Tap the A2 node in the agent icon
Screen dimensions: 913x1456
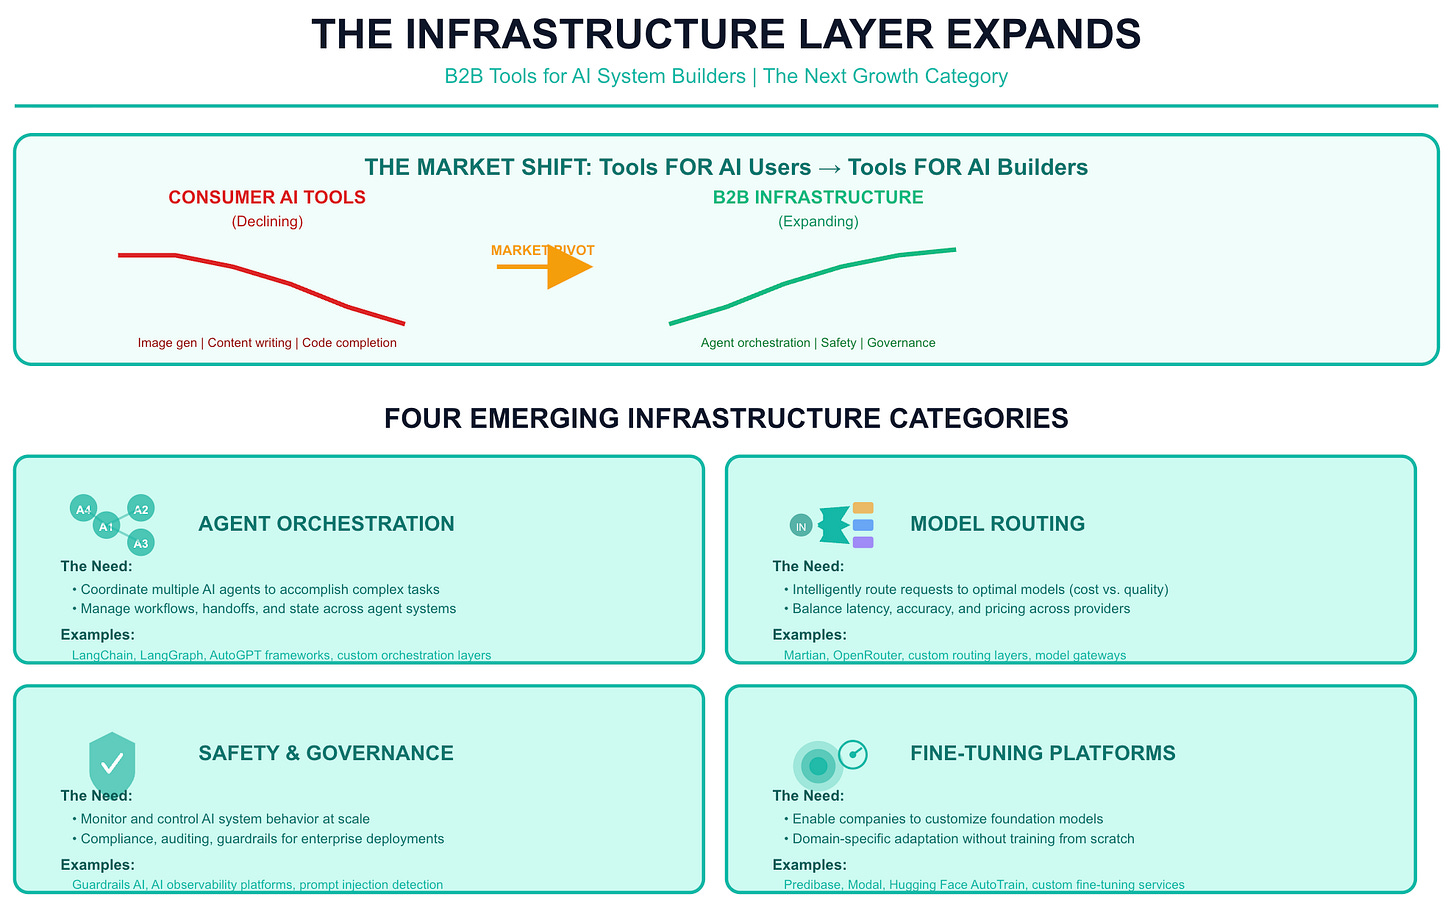tap(141, 510)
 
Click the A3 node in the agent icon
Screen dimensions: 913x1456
tap(141, 544)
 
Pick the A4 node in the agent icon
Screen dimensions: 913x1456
tap(84, 509)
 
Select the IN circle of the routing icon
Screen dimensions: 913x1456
tap(801, 526)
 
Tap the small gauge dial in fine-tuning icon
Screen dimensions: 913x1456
tap(853, 754)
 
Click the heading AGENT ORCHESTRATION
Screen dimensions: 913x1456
tap(326, 524)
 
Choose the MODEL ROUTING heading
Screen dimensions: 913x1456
tap(997, 524)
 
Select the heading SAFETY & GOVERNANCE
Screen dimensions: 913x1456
tap(326, 754)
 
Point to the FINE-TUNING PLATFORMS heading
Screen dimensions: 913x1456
tap(1042, 754)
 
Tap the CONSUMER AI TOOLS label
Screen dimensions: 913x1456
tap(267, 198)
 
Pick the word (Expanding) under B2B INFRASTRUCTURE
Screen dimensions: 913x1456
tap(818, 222)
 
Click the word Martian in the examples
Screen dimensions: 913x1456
tap(805, 656)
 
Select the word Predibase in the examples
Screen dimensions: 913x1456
tap(812, 885)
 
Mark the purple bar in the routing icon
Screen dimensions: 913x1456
tap(863, 542)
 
